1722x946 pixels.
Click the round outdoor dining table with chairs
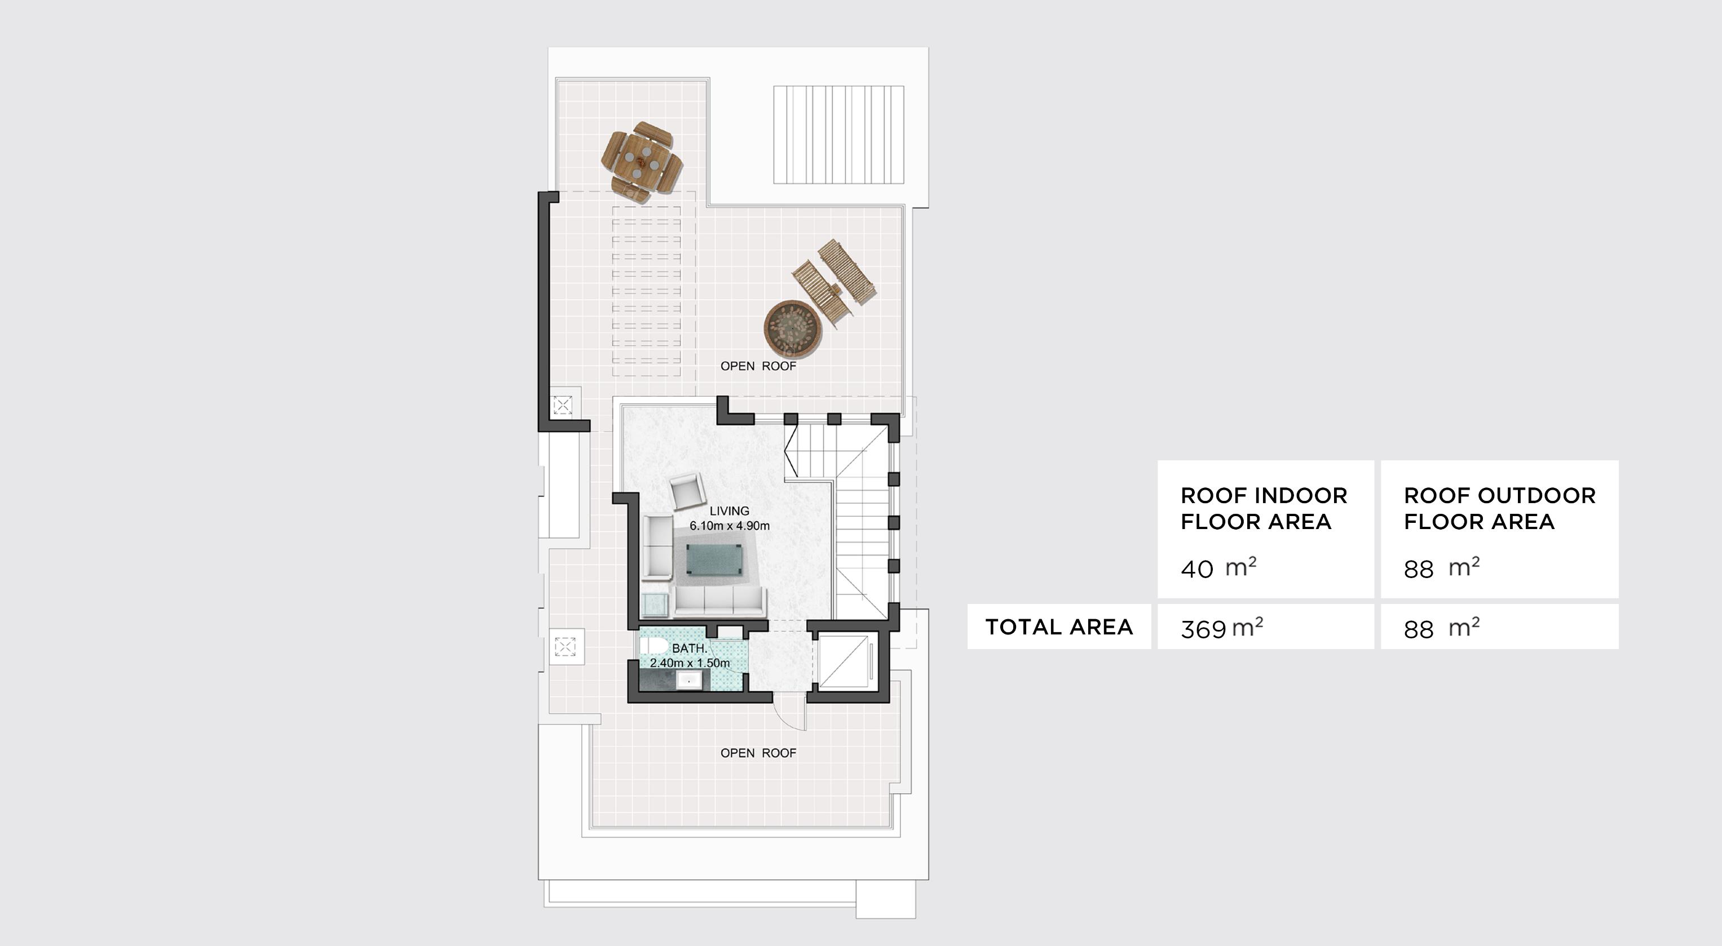click(x=642, y=162)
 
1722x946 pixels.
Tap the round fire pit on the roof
click(x=793, y=328)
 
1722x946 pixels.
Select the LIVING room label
click(x=729, y=510)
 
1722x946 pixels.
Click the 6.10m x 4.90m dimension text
click(x=729, y=526)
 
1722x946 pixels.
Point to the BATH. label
click(x=689, y=648)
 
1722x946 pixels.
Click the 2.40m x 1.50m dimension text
click(x=689, y=663)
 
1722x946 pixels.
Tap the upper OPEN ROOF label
click(x=758, y=366)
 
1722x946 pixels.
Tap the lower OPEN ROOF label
click(x=758, y=753)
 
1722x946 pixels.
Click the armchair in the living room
click(x=688, y=492)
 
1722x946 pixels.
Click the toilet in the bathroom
click(x=652, y=647)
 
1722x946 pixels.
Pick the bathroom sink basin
click(x=688, y=680)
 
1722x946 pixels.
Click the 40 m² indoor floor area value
click(x=1218, y=569)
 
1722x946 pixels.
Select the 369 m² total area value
click(x=1221, y=628)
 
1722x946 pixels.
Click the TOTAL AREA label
click(x=1059, y=627)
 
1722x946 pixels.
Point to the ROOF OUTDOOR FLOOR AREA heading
click(x=1499, y=508)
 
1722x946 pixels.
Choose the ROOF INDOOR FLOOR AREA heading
click(x=1264, y=508)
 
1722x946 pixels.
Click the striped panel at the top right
click(x=838, y=134)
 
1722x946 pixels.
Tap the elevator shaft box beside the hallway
click(x=844, y=661)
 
